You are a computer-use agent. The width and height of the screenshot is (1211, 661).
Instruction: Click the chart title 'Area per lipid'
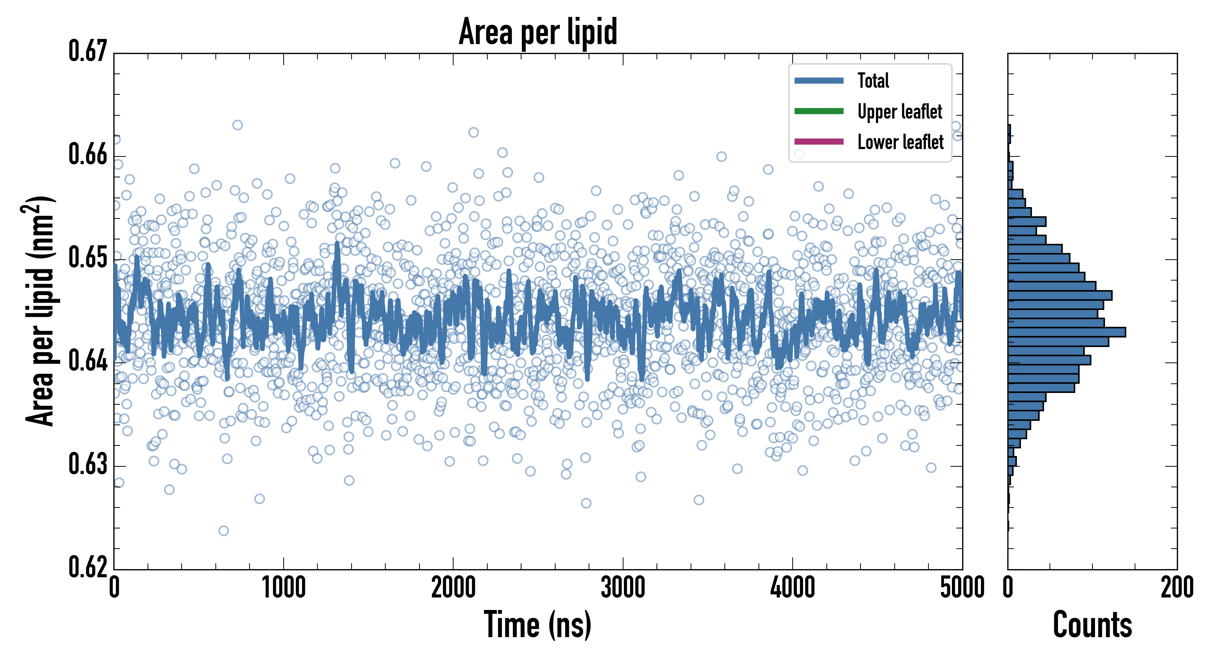click(538, 32)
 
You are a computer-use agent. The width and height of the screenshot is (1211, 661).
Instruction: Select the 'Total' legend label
click(873, 80)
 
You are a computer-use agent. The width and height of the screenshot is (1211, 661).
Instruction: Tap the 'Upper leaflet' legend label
click(900, 112)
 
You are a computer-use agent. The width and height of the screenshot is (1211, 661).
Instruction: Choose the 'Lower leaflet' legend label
click(900, 142)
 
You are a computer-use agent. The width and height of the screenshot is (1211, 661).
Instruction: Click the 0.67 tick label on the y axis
click(88, 52)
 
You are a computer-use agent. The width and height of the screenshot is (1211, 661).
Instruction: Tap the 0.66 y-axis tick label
click(88, 154)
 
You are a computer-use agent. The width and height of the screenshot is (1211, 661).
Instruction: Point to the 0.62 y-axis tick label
click(88, 567)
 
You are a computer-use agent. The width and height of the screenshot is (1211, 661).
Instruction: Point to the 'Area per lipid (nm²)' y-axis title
click(40, 311)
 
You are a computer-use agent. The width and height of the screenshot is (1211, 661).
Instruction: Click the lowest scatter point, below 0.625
click(224, 531)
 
